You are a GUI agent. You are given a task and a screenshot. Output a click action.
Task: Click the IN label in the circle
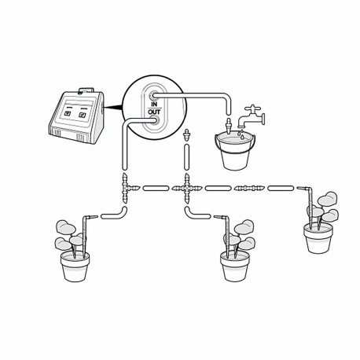pyautogui.click(x=155, y=103)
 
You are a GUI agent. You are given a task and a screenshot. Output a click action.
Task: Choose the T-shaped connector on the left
pyautogui.click(x=126, y=189)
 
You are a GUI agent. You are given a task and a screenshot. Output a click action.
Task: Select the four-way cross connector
pyautogui.click(x=187, y=189)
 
